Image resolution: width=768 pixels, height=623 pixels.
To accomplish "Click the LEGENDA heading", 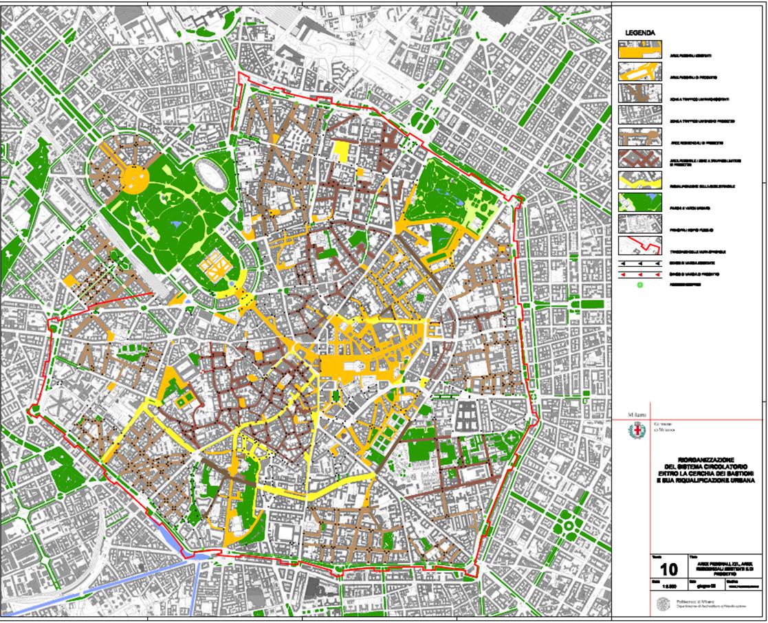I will pyautogui.click(x=640, y=32).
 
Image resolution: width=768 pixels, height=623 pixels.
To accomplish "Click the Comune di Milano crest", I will pyautogui.click(x=636, y=431).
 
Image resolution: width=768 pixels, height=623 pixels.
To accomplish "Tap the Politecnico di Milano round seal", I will pyautogui.click(x=661, y=603).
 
